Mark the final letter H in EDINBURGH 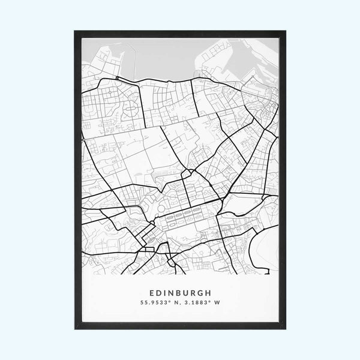coord(211,294)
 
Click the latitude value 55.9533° coord(154,304)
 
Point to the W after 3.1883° coord(220,304)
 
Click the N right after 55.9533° coord(175,304)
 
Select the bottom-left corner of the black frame coord(75,329)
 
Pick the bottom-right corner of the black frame coord(285,329)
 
